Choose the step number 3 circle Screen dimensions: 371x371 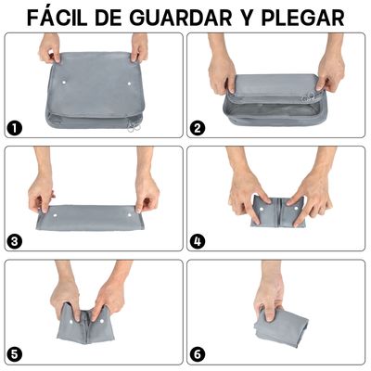pos(15,241)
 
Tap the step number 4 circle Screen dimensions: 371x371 pos(197,241)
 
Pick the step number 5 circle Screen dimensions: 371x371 pos(15,354)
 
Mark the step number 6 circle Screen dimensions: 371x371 pos(197,354)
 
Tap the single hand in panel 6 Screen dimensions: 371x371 pos(270,296)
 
